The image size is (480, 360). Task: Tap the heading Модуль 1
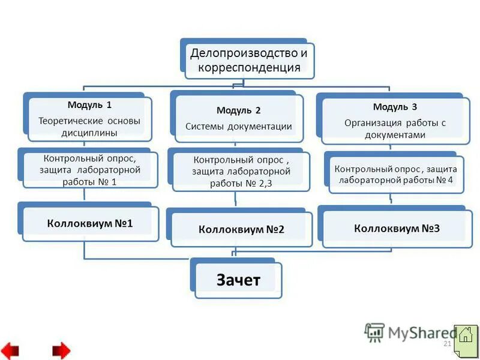pyautogui.click(x=89, y=104)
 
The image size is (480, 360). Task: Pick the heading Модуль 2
pyautogui.click(x=238, y=110)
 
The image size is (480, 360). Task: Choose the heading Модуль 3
pyautogui.click(x=395, y=107)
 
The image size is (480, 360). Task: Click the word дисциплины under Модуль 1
pyautogui.click(x=89, y=133)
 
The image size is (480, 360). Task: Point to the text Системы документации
pyautogui.click(x=239, y=127)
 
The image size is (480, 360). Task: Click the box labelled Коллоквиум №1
pyautogui.click(x=90, y=223)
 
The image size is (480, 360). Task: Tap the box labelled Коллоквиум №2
pyautogui.click(x=241, y=229)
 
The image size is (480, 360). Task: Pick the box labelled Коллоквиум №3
pyautogui.click(x=397, y=228)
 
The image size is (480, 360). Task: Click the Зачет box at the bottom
pyautogui.click(x=238, y=280)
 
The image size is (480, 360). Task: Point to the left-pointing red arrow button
pyautogui.click(x=10, y=350)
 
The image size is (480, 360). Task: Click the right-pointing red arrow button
pyautogui.click(x=61, y=350)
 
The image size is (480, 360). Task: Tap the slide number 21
pyautogui.click(x=446, y=344)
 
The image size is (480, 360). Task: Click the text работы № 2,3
pyautogui.click(x=241, y=184)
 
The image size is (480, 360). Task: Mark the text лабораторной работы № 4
pyautogui.click(x=396, y=180)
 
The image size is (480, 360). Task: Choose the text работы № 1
pyautogui.click(x=89, y=181)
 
